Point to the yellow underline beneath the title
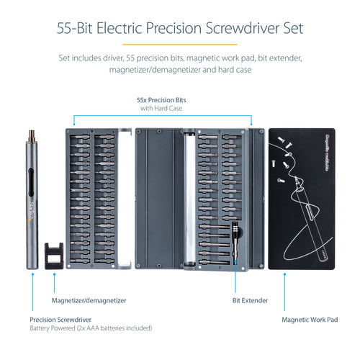click(179, 45)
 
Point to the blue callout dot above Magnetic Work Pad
click(284, 275)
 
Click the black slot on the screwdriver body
click(32, 180)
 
